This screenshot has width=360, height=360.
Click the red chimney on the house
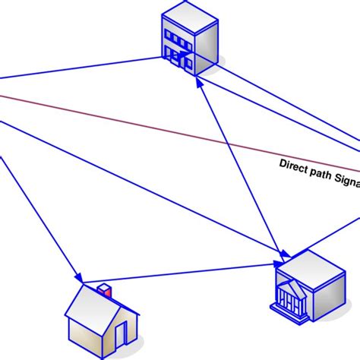click(105, 290)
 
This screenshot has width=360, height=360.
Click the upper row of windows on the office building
click(179, 37)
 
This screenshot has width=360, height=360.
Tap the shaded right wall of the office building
click(207, 46)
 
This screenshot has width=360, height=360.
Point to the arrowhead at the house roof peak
click(78, 276)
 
